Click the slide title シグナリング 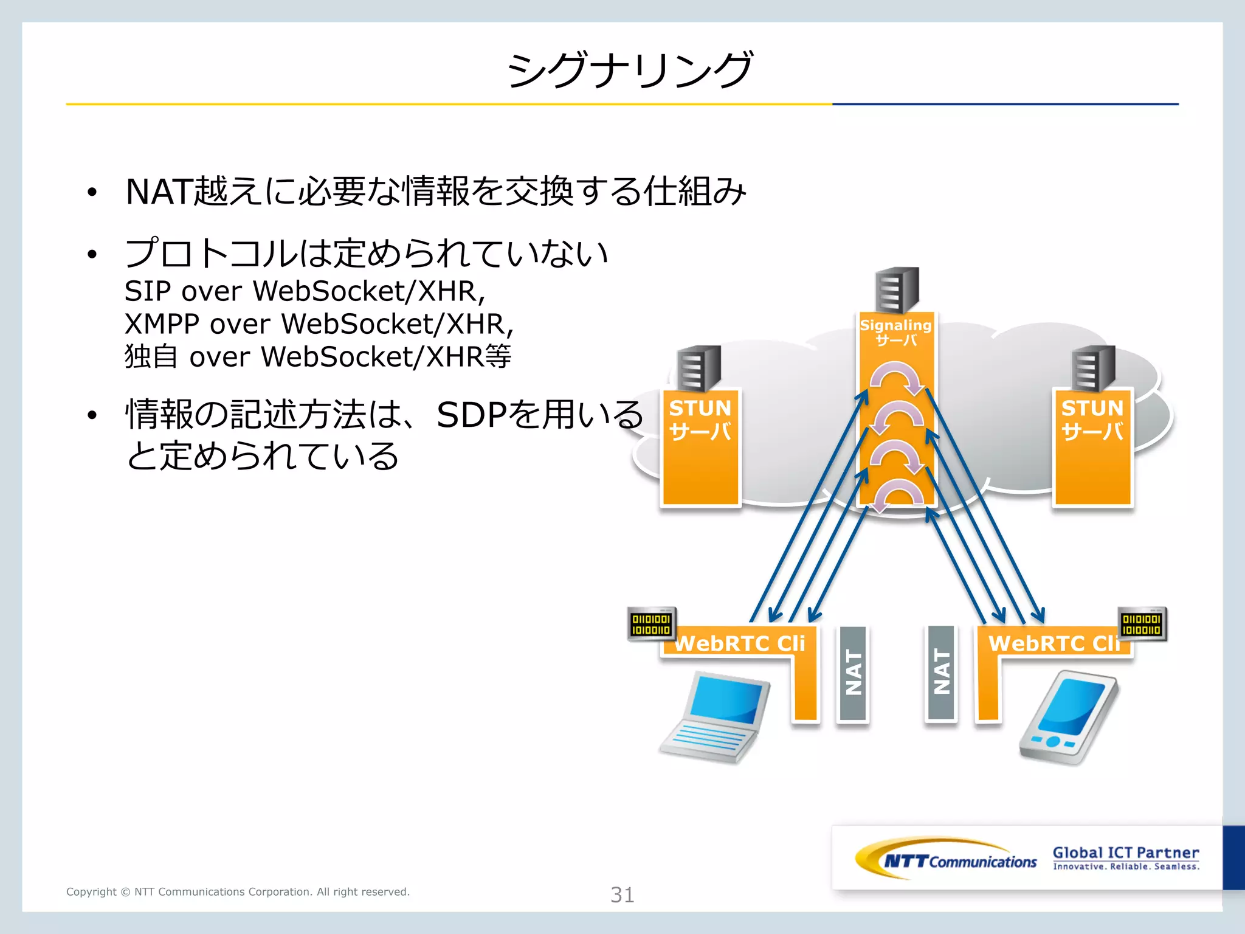coord(630,69)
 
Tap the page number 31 coord(622,894)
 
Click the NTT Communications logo coord(946,859)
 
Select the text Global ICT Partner coord(1125,853)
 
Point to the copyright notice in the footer coord(238,891)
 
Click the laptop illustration coord(715,717)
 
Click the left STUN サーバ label coord(700,420)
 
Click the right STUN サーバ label coord(1092,420)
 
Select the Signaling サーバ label coord(896,332)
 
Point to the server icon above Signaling coord(897,289)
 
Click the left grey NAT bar coord(852,673)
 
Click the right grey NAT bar coord(941,673)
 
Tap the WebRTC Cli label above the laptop coord(740,643)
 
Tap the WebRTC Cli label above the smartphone coord(1053,643)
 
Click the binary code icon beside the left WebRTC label coord(651,624)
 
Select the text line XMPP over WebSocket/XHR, coord(319,324)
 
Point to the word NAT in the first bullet coord(158,192)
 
